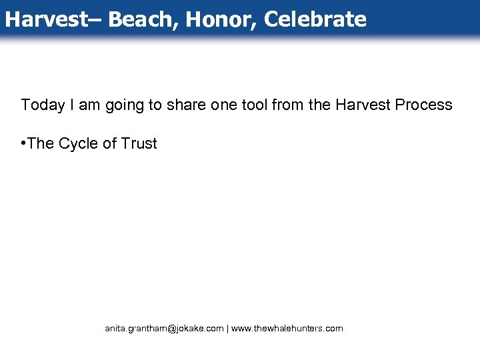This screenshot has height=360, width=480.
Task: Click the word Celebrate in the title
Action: point(315,19)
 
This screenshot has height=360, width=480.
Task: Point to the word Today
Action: point(41,105)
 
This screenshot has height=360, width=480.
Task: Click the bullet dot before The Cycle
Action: point(23,143)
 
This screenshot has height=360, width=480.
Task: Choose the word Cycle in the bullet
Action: point(79,143)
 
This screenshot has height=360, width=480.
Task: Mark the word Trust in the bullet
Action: point(139,143)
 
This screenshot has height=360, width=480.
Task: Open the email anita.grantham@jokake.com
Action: point(164,329)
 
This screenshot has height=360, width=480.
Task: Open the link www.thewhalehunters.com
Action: point(287,329)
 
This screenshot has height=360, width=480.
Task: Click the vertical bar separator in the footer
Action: point(228,329)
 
